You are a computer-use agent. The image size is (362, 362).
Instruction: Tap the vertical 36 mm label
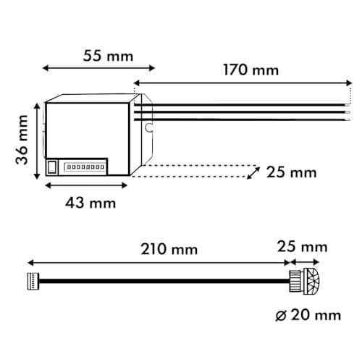[24, 138]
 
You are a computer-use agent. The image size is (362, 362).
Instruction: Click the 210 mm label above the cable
[169, 249]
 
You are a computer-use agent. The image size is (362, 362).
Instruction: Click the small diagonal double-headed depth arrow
[253, 172]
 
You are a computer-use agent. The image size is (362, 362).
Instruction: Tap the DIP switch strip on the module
[85, 167]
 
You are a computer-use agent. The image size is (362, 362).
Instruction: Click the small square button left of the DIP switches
[52, 167]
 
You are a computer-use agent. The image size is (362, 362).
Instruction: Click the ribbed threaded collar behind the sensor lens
[298, 282]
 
